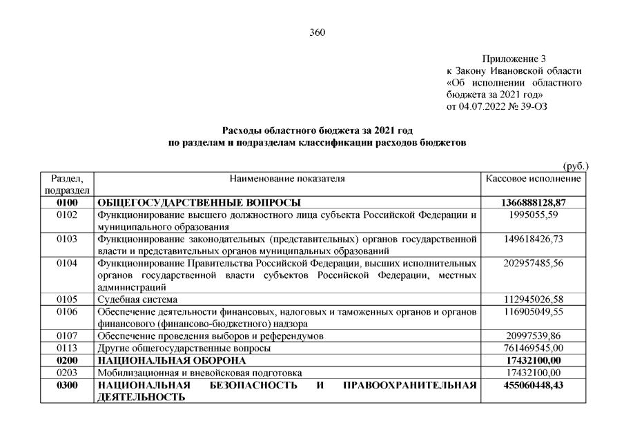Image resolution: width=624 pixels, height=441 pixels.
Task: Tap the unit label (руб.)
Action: pyautogui.click(x=576, y=166)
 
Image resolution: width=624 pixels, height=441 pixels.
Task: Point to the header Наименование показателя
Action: pyautogui.click(x=288, y=178)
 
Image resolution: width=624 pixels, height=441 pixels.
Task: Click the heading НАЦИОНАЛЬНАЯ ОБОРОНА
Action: pyautogui.click(x=172, y=360)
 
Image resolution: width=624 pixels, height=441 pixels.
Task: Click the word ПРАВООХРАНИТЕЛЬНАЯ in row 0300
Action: pyautogui.click(x=410, y=384)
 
